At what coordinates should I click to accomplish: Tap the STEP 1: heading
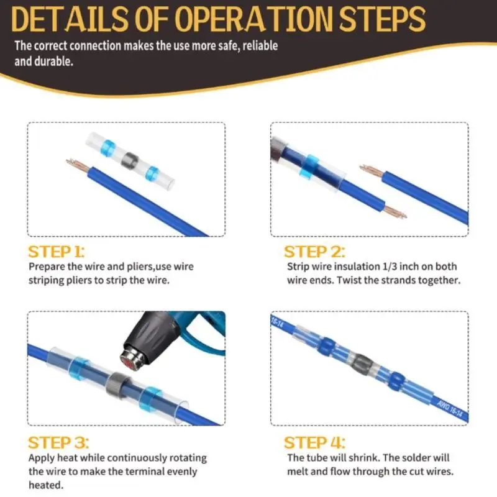click(x=57, y=252)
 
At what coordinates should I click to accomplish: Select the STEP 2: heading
click(x=314, y=252)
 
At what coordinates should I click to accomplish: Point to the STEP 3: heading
click(x=58, y=443)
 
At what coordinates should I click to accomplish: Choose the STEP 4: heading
click(x=314, y=443)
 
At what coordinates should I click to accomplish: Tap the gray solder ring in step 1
click(x=130, y=162)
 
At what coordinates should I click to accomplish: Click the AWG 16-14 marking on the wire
click(x=450, y=408)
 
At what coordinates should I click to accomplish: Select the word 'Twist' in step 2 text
click(x=349, y=281)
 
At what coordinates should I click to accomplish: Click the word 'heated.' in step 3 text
click(x=46, y=485)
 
